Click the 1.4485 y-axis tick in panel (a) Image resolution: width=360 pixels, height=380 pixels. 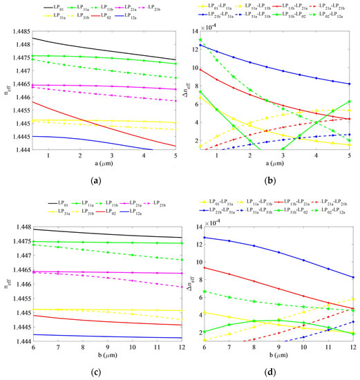30,32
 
